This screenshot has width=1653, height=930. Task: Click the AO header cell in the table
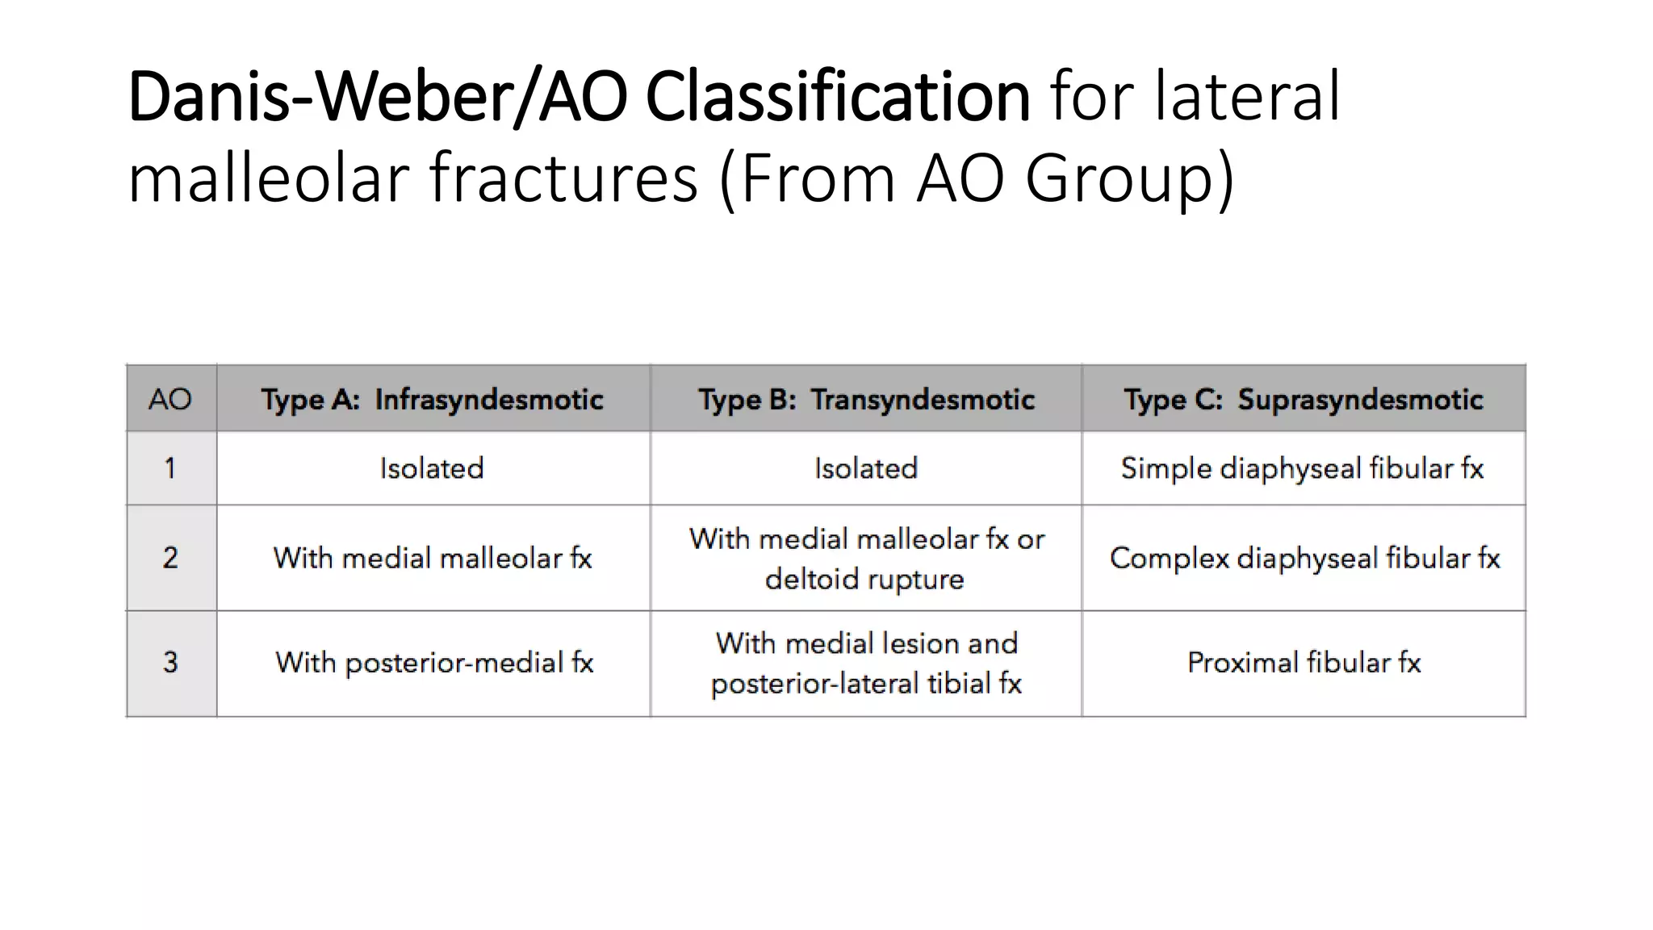pyautogui.click(x=170, y=399)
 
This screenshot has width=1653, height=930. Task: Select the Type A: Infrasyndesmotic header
pyautogui.click(x=432, y=399)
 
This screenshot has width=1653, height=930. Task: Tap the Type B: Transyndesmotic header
pyautogui.click(x=866, y=399)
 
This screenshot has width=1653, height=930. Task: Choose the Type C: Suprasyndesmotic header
pyautogui.click(x=1304, y=399)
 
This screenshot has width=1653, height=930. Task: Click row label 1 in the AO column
pyautogui.click(x=170, y=468)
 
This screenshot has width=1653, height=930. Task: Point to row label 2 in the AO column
pyautogui.click(x=170, y=558)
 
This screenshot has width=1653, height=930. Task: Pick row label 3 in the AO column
pyautogui.click(x=170, y=663)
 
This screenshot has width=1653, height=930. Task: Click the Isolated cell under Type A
pyautogui.click(x=432, y=468)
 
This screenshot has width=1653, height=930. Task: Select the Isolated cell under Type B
pyautogui.click(x=866, y=468)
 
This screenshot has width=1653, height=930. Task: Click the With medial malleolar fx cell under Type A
pyautogui.click(x=433, y=558)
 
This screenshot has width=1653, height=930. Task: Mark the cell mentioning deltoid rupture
pyautogui.click(x=866, y=559)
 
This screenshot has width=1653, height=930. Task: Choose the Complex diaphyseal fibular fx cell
pyautogui.click(x=1304, y=558)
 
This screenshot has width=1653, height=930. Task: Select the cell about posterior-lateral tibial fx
pyautogui.click(x=866, y=664)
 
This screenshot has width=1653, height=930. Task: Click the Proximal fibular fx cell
pyautogui.click(x=1304, y=663)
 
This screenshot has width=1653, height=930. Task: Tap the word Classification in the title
pyautogui.click(x=837, y=97)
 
